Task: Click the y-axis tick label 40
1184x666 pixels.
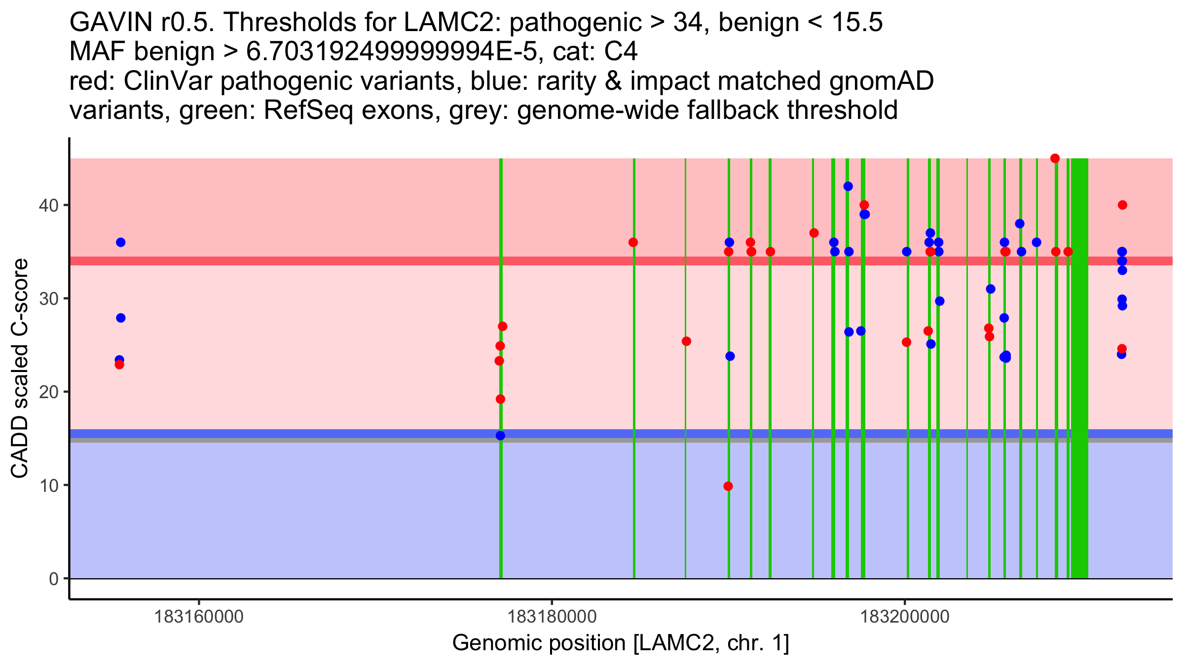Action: point(48,205)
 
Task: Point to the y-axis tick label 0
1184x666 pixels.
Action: point(53,579)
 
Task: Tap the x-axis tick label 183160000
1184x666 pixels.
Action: point(199,617)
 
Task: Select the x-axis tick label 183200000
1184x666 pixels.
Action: point(905,617)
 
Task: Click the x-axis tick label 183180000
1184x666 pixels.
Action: point(552,617)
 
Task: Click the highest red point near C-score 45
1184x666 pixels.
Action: point(1055,158)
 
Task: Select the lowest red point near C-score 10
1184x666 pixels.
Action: point(728,486)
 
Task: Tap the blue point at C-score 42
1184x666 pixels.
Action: point(848,186)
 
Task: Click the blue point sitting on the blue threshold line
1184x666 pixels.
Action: point(500,436)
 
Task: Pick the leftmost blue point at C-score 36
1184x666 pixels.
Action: point(121,242)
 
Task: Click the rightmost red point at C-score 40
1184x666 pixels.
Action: point(1122,205)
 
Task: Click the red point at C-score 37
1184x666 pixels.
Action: point(814,233)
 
